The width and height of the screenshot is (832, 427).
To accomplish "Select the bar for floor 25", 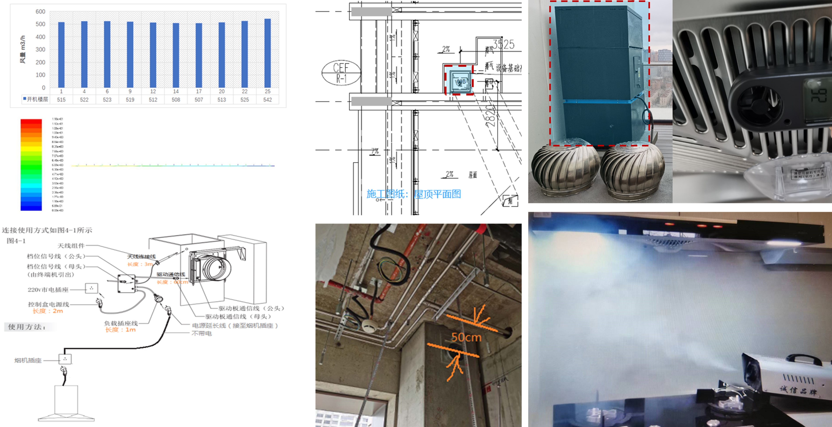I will coord(267,53).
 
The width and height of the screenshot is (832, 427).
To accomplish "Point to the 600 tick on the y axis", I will coord(40,12).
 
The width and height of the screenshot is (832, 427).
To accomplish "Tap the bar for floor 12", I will coord(153,55).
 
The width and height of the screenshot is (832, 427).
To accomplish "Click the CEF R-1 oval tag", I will coord(341,73).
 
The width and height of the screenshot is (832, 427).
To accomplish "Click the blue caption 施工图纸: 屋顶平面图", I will coord(413,194).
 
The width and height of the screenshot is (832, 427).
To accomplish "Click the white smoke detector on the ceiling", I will coord(367,326).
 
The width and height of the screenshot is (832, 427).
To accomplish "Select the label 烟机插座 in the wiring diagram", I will coord(28,360).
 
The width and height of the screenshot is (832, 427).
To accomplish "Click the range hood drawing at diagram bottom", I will coord(66,404).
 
